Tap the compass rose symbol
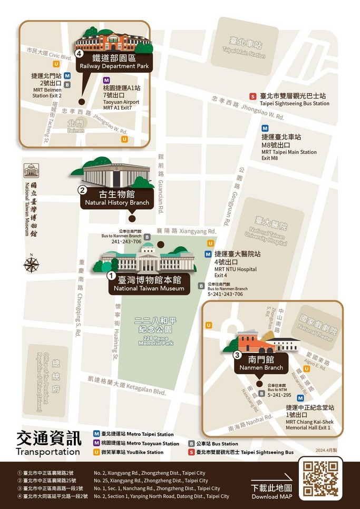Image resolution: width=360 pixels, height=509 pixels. click(x=32, y=263)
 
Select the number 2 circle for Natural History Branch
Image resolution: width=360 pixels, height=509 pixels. click(x=82, y=190)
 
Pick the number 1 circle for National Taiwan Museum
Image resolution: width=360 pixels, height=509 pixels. click(x=111, y=275)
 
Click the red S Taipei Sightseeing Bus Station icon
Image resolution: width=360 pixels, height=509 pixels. click(x=253, y=96)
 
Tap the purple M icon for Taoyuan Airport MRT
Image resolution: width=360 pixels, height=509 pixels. click(x=106, y=81)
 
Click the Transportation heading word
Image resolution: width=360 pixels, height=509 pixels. click(x=48, y=452)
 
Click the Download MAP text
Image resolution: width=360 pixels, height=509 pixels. click(x=271, y=497)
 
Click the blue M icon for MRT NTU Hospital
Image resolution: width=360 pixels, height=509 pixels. click(x=208, y=254)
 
